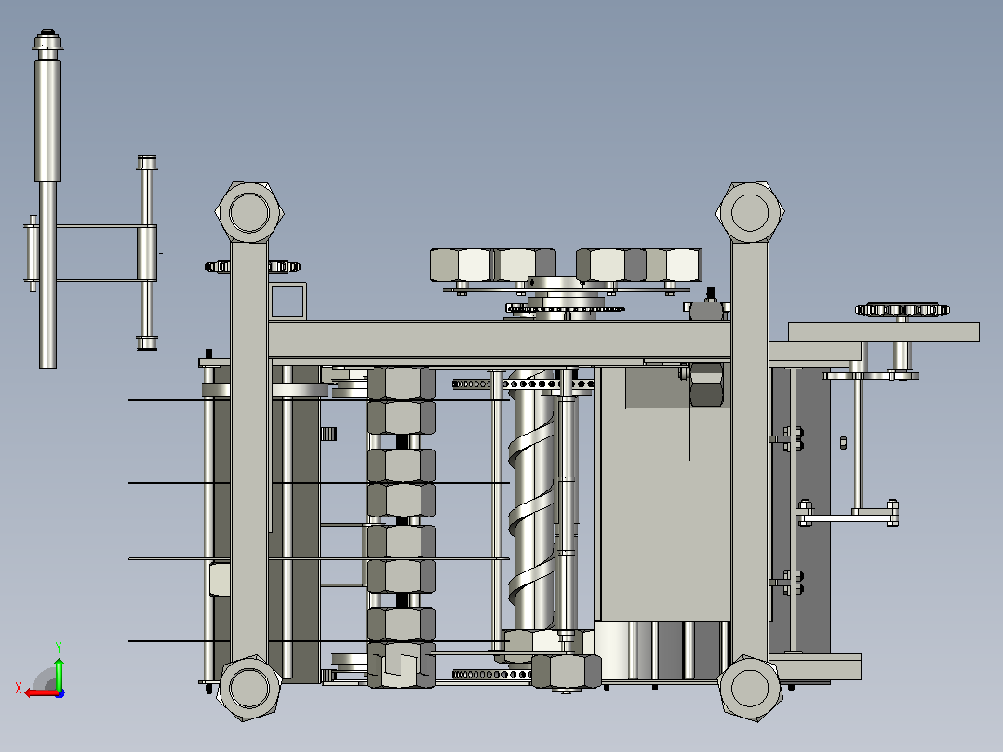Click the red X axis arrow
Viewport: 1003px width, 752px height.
click(40, 693)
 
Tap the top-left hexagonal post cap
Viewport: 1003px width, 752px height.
click(248, 212)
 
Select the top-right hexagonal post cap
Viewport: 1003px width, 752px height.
click(750, 212)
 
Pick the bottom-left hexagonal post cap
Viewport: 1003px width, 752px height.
click(249, 688)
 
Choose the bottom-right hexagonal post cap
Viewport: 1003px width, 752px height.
click(750, 688)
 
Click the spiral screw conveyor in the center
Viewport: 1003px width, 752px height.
click(534, 499)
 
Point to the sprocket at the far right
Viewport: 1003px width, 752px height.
click(902, 310)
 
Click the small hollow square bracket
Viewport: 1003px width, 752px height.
click(288, 301)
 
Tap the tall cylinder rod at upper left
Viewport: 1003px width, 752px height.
click(48, 198)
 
